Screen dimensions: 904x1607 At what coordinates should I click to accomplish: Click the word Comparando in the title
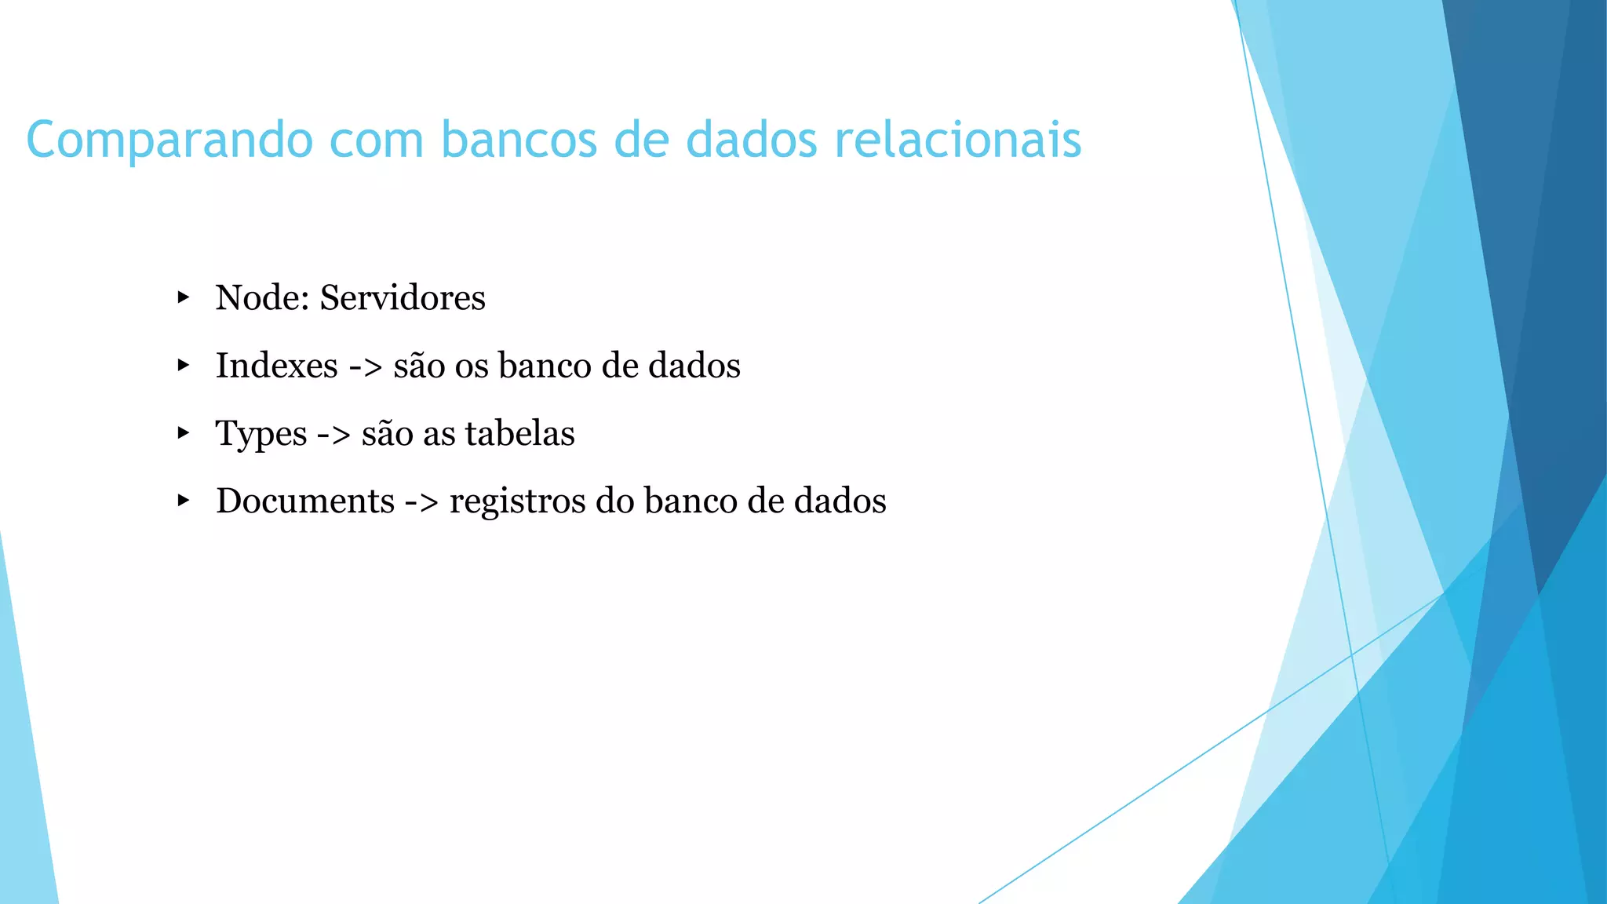click(x=169, y=141)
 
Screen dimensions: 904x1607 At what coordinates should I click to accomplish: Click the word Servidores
click(x=403, y=298)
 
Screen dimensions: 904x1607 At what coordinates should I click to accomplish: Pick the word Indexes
click(x=276, y=366)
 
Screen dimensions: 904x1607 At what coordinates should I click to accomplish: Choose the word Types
click(x=261, y=435)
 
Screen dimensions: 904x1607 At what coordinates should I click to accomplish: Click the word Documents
click(x=305, y=501)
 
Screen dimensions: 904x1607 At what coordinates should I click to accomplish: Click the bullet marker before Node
click(x=183, y=297)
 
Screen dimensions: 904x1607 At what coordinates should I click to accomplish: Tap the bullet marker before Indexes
click(x=183, y=365)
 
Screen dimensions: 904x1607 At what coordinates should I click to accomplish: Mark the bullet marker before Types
click(x=183, y=433)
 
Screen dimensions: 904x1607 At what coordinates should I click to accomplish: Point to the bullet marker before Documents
click(x=183, y=501)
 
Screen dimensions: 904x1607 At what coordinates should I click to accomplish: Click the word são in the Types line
click(x=387, y=433)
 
